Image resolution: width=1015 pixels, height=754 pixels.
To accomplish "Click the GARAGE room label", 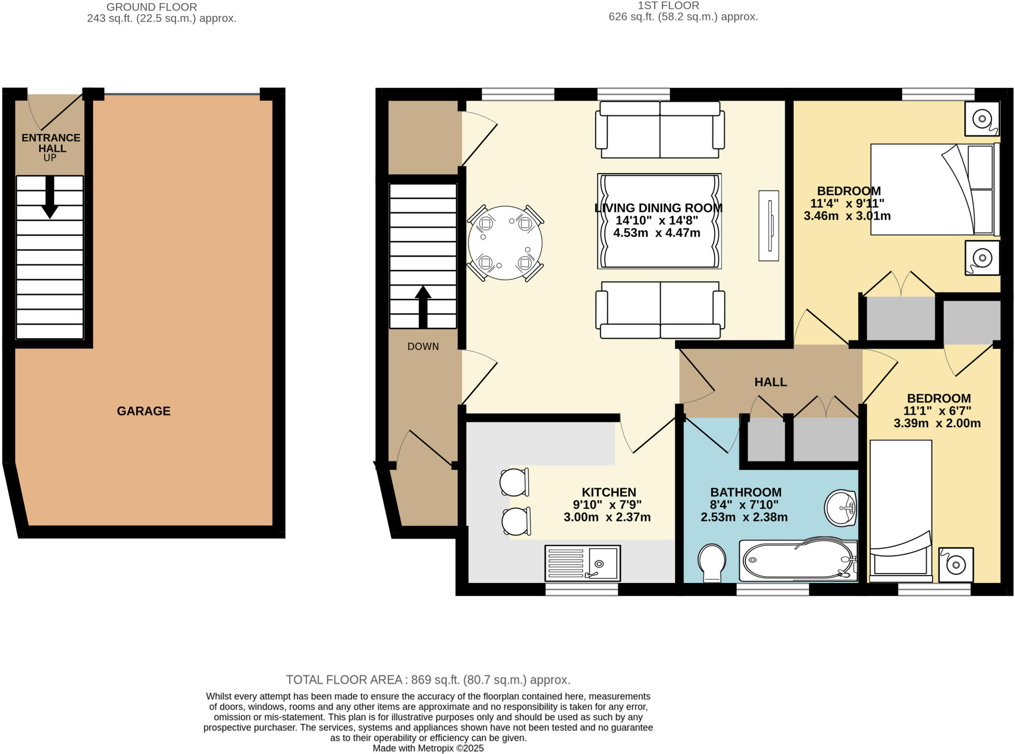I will click(144, 411).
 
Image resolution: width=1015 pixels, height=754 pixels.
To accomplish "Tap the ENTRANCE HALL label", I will click(51, 143).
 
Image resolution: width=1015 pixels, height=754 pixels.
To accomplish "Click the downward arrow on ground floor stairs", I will click(50, 197).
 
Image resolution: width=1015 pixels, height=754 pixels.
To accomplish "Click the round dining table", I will click(505, 243).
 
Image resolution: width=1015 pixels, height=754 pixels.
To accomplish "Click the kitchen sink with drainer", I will click(582, 563).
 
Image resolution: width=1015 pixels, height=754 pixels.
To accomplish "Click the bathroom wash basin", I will click(841, 508).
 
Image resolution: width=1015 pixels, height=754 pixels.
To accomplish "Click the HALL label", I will click(771, 382).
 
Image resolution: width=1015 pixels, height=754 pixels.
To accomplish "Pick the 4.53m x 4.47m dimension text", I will click(657, 233).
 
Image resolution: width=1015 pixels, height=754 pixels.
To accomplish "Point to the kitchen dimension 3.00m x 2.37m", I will click(607, 518).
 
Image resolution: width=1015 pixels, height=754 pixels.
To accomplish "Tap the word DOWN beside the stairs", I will click(423, 347).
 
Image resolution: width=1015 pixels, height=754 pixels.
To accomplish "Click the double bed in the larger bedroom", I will click(934, 189).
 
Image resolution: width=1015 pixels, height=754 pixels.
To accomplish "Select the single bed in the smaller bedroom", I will click(901, 511).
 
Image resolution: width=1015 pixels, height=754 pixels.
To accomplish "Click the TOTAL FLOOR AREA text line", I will click(428, 680).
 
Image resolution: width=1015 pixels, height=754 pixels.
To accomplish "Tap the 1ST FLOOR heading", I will click(668, 5).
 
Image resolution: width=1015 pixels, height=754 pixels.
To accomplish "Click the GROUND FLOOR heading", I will click(152, 7).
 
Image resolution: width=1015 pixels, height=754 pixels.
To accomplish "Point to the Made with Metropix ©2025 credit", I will click(428, 748).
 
